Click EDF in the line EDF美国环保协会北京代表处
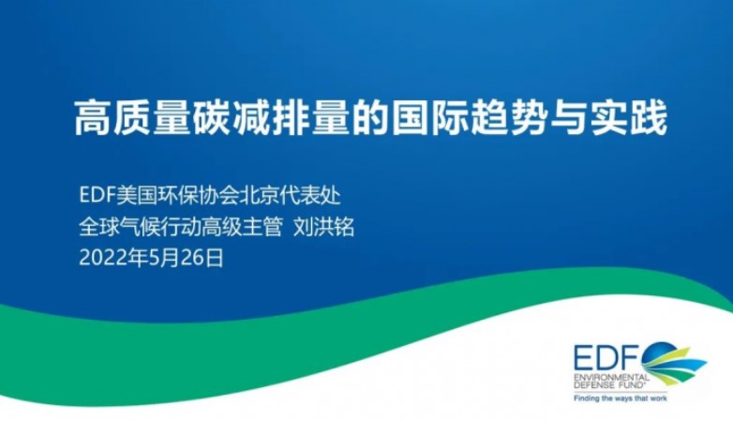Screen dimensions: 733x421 pos(97,196)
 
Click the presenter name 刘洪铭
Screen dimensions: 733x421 pos(323,227)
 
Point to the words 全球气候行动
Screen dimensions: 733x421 pos(140,227)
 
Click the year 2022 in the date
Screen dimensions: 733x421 pos(98,258)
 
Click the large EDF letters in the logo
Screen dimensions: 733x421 pos(607,359)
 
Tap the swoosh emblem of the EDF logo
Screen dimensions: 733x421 pos(673,364)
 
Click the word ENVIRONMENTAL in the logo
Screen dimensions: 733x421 pos(611,377)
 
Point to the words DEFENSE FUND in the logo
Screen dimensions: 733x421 pos(609,383)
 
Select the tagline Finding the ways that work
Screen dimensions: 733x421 pos(621,398)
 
